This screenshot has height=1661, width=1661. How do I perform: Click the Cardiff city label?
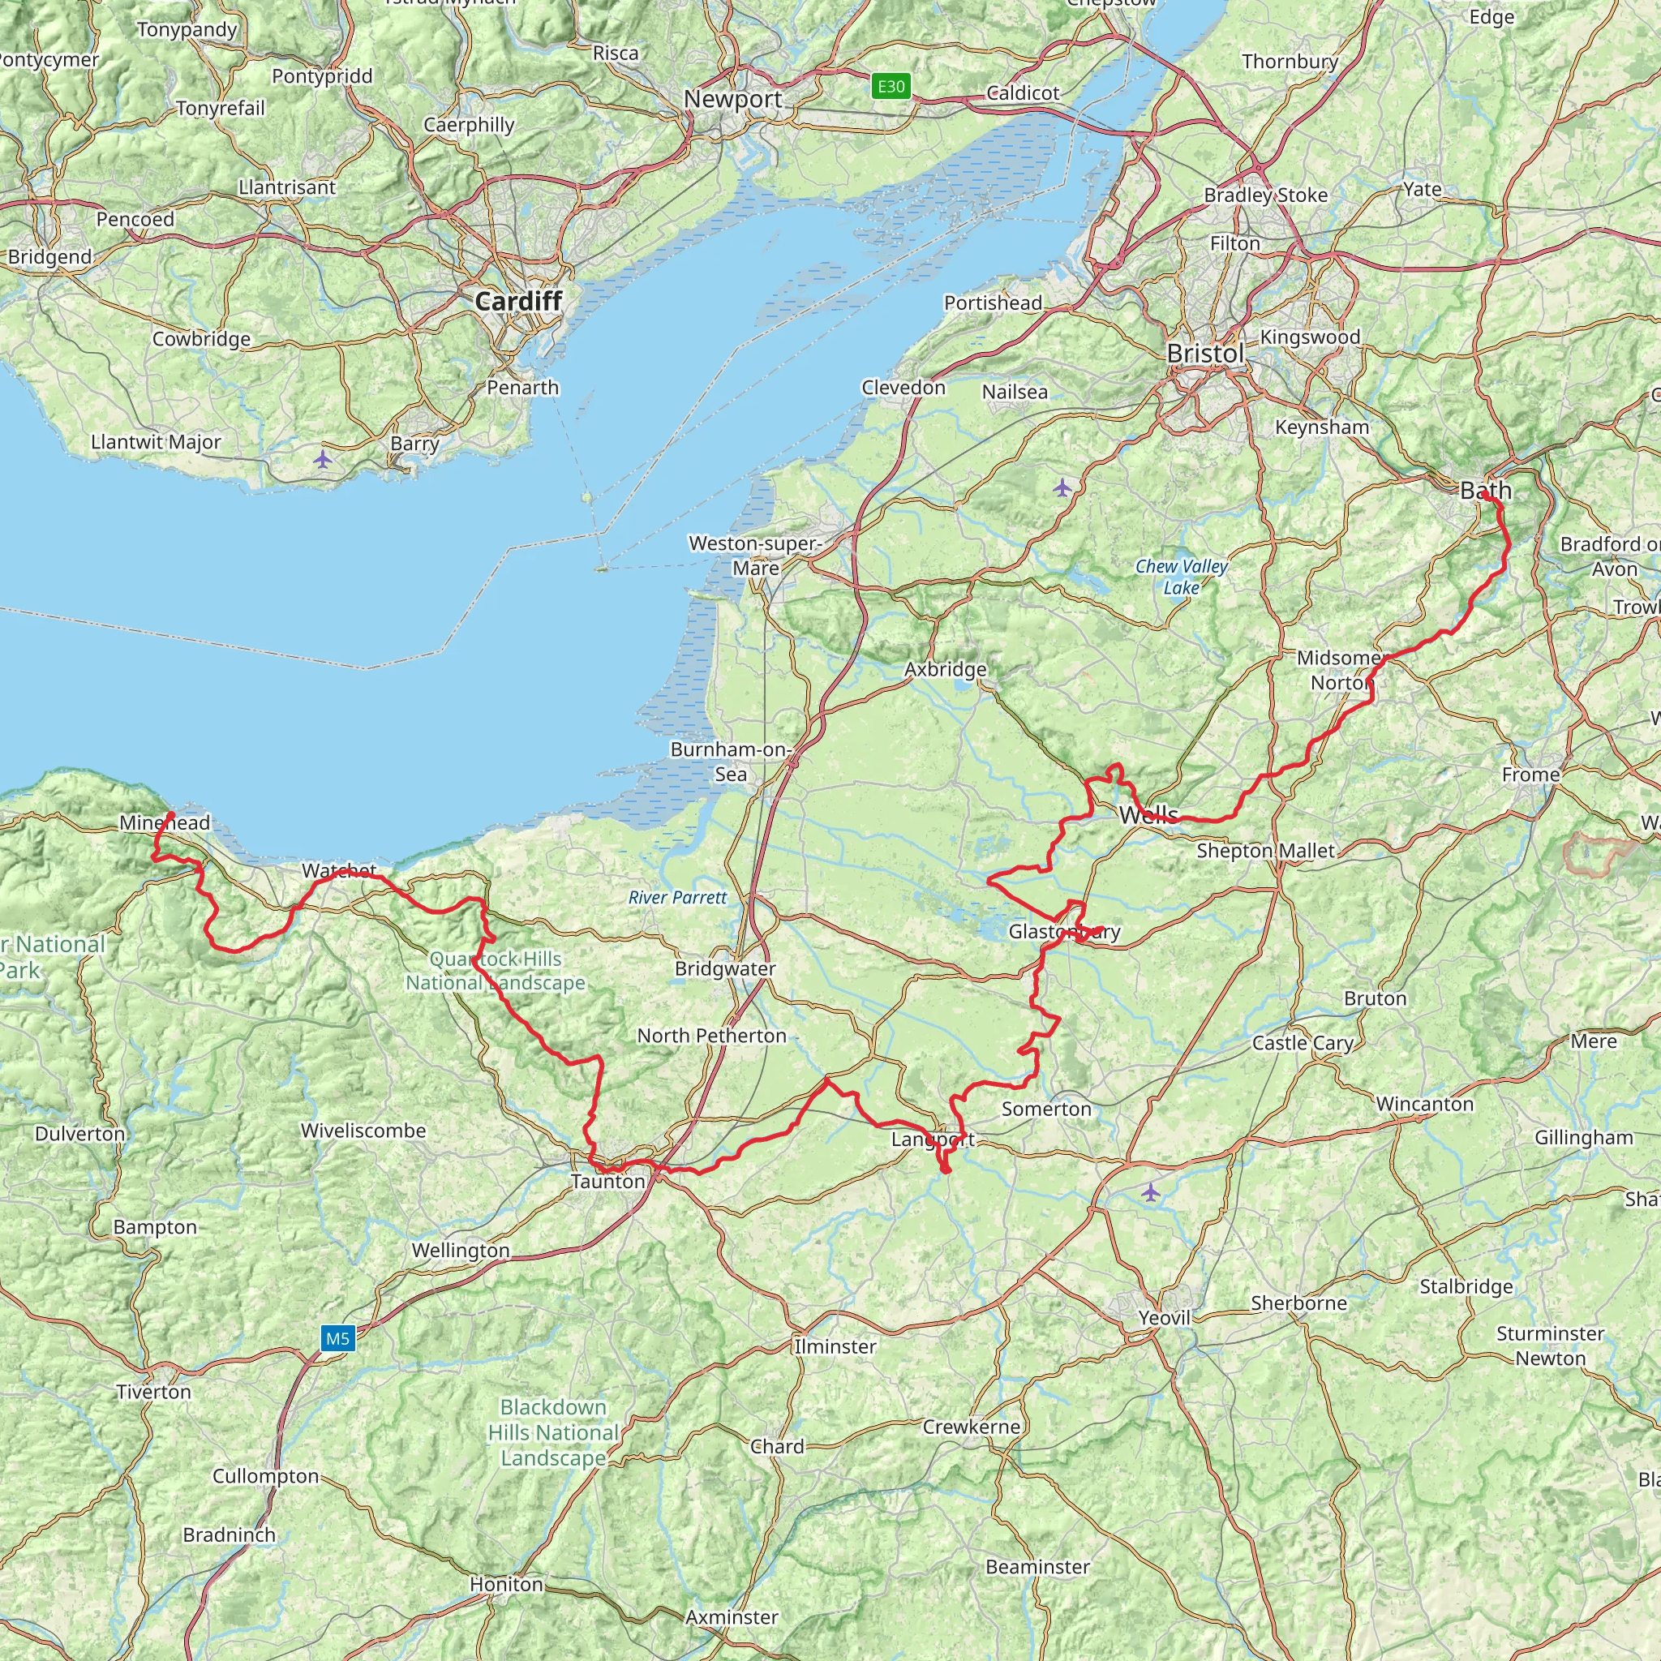518,301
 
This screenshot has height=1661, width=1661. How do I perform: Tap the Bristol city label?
1205,354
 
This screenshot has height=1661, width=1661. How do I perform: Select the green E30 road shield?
891,86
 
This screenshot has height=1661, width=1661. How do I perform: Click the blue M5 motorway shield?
338,1337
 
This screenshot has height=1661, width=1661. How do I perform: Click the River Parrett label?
677,898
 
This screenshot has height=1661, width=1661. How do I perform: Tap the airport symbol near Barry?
323,459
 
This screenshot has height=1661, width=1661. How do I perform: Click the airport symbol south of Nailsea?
1062,488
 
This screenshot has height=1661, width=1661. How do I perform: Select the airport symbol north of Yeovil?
1150,1192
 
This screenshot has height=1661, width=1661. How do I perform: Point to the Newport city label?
732,99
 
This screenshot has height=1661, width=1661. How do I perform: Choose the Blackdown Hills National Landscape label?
553,1432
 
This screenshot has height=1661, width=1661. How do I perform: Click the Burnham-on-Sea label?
731,762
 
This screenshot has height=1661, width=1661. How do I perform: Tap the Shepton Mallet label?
1265,851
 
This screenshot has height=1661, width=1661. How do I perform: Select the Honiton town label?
506,1584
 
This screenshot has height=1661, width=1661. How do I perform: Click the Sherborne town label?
1298,1303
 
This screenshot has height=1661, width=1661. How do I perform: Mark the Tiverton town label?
154,1391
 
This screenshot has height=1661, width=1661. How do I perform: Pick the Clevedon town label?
903,388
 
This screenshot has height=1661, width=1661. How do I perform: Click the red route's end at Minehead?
171,814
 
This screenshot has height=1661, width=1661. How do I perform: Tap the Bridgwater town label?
725,969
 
